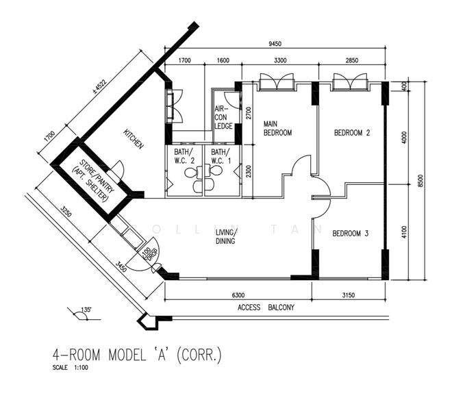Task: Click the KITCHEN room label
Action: coord(134,139)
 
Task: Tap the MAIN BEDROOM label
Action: coord(278,128)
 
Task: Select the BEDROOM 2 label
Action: coord(351,134)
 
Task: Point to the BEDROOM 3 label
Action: coord(351,234)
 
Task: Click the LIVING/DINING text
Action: coord(225,237)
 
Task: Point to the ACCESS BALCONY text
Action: coord(266,308)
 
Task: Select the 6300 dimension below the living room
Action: coord(238,295)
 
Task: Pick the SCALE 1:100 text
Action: coord(70,368)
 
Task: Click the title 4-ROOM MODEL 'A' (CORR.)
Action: coord(137,355)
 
